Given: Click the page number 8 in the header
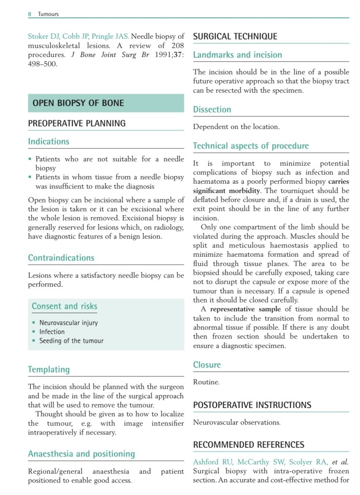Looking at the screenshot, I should [29, 14].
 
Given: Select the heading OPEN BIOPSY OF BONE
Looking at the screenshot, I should [78, 103].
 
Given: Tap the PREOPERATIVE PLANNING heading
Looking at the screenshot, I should [76, 123].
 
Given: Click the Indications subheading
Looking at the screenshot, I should [48, 142].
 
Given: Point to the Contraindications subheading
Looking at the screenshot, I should [61, 258].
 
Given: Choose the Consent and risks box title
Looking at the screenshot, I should [64, 306].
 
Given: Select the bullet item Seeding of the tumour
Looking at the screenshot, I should [71, 341].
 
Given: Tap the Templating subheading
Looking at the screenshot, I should [49, 370].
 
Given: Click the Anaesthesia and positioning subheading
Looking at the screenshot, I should [81, 454].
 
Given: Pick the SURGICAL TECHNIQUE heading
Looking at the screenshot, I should [235, 36].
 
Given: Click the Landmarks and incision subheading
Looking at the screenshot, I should [237, 55].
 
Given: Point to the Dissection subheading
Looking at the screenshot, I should [212, 110].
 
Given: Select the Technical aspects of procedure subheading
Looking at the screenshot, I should [251, 146].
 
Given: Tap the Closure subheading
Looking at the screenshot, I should [207, 365].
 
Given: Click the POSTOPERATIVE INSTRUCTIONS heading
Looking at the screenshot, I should [252, 405].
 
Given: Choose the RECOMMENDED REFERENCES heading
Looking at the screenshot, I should [248, 445].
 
